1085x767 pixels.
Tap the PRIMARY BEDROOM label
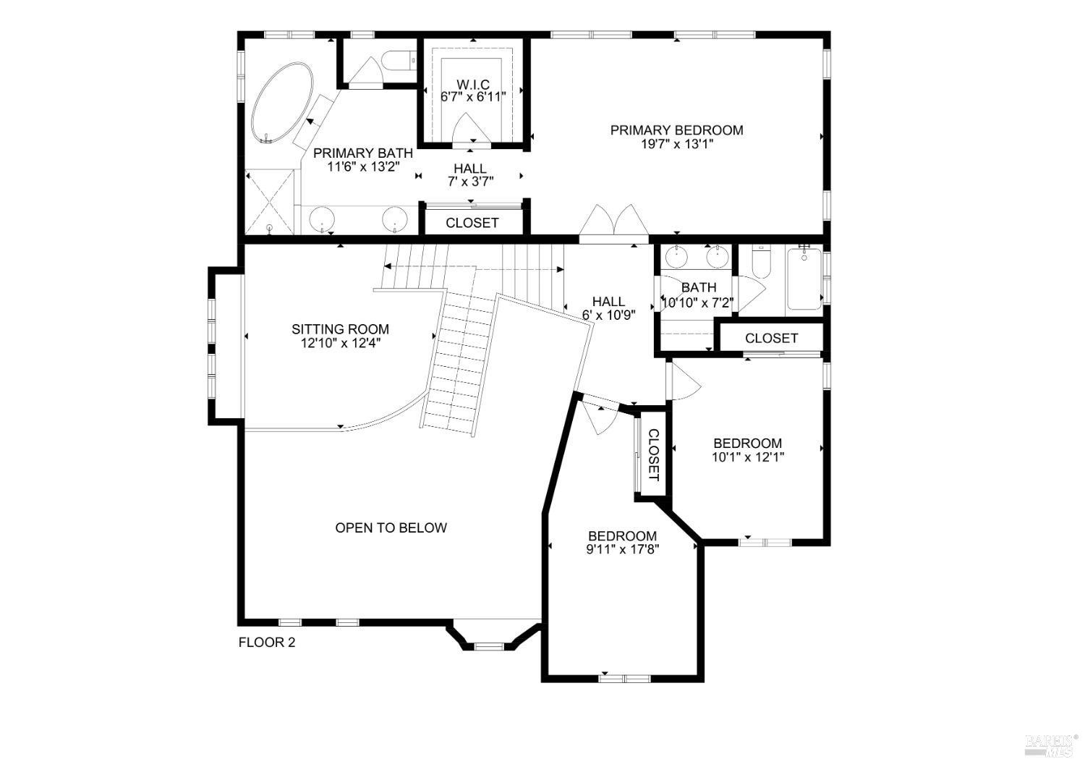676,130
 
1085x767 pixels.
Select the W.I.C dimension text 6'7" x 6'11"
473,96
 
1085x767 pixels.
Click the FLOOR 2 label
267,642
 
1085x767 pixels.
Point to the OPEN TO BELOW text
391,527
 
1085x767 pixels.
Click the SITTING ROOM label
340,329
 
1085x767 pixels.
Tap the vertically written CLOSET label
653,455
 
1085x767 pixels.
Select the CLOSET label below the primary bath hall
472,223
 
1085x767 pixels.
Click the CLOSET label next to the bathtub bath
771,338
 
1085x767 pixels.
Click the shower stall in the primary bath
271,201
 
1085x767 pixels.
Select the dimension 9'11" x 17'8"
623,549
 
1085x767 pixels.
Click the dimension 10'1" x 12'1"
747,457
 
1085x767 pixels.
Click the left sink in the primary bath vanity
321,218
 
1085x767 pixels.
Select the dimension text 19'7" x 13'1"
676,144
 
